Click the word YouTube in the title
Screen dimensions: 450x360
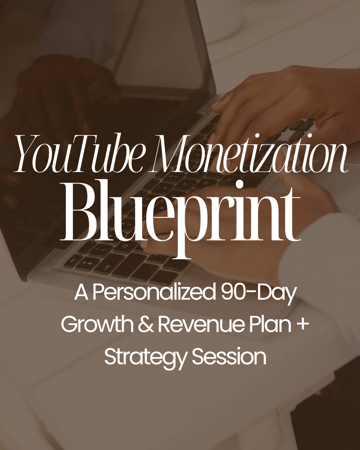point(80,154)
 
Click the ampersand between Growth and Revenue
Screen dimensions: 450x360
point(146,324)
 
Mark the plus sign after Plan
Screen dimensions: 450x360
point(302,324)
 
